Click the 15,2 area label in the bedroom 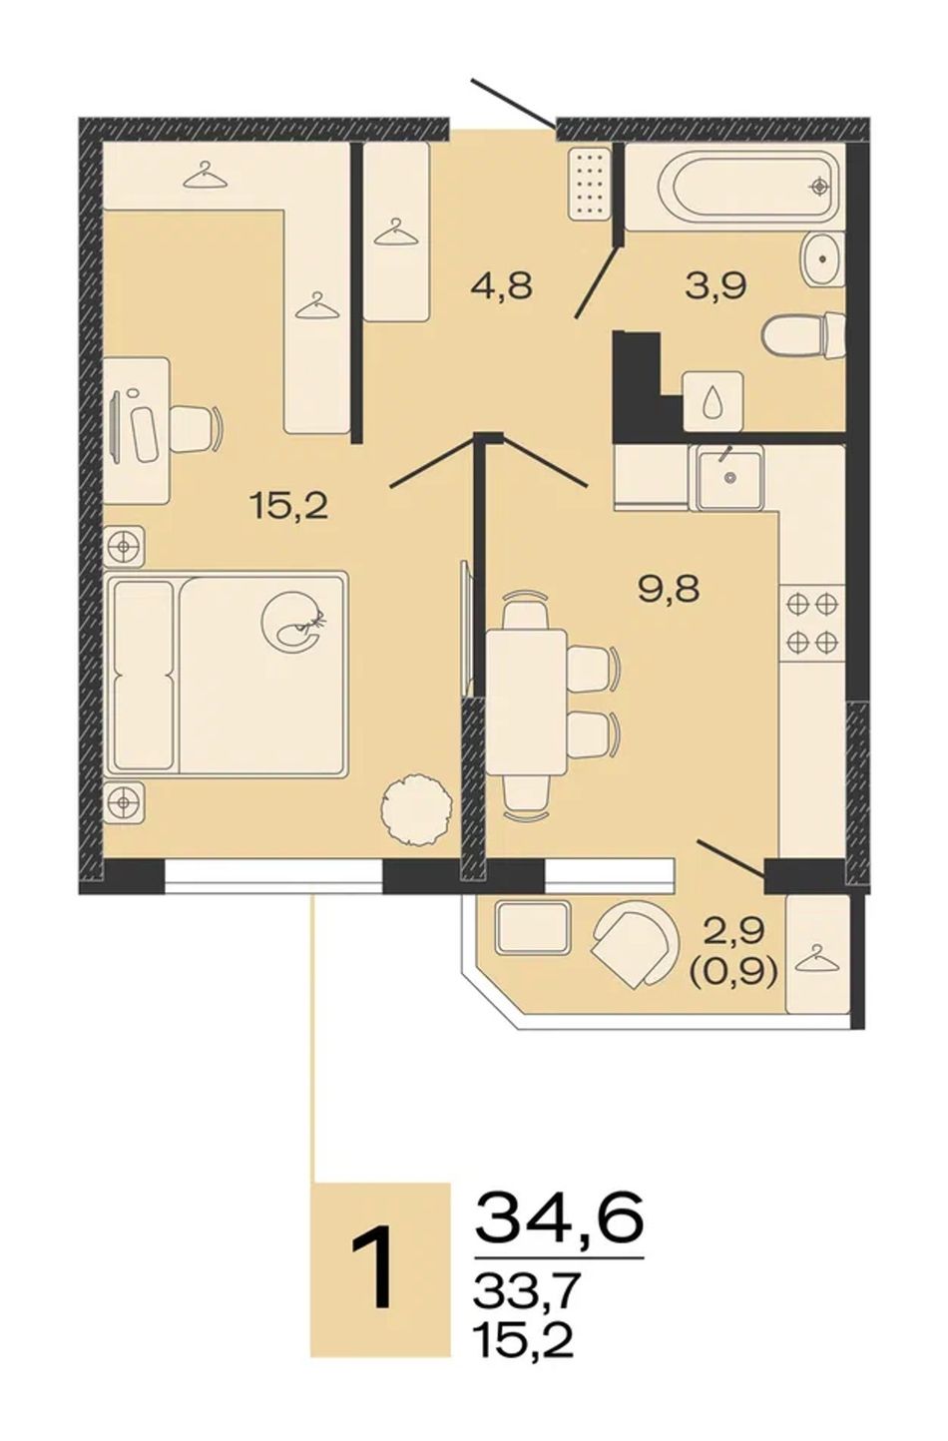tap(290, 508)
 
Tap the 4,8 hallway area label tap(501, 285)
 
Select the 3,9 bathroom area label tap(715, 285)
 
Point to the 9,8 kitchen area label tap(669, 588)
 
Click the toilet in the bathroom tap(803, 336)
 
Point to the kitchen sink tap(728, 477)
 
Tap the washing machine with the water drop tap(713, 401)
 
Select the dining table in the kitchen tap(527, 704)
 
